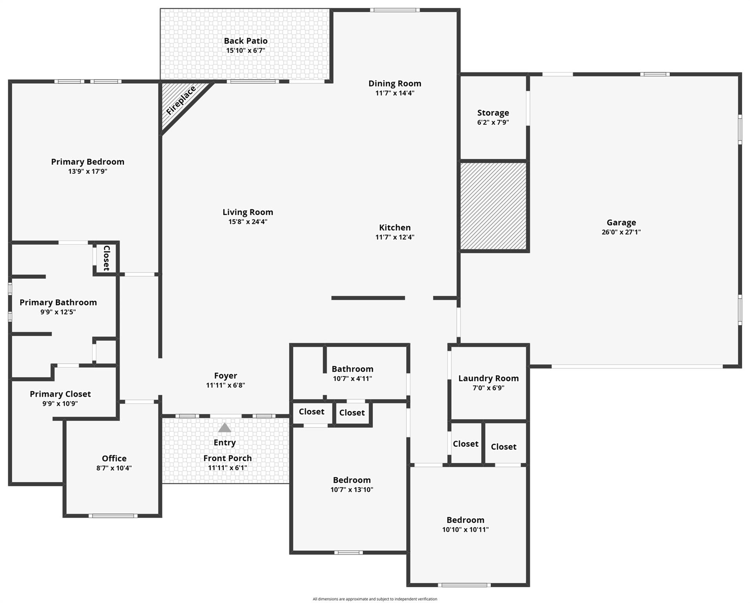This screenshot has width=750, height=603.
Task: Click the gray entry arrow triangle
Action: pos(224,428)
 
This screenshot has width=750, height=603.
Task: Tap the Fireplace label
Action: pos(181,101)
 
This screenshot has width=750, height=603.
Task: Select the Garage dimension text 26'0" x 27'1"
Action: pos(621,232)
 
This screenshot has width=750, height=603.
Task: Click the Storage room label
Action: pos(493,113)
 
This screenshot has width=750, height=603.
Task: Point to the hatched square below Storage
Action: pos(493,206)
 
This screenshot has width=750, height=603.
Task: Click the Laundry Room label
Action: pos(488,378)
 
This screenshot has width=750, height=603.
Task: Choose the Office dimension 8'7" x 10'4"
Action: pos(114,468)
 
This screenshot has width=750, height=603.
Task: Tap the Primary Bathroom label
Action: pos(58,302)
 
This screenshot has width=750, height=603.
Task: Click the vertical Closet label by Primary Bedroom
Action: pos(106,258)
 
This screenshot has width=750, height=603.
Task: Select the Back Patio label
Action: pos(246,41)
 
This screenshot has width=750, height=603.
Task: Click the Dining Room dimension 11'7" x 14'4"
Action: pos(394,93)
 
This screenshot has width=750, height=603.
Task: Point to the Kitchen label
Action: pos(394,228)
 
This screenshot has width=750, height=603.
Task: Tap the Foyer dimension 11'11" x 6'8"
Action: pos(226,385)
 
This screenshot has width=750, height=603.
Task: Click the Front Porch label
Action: pos(227,458)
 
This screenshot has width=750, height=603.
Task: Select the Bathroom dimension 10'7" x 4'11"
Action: pos(352,378)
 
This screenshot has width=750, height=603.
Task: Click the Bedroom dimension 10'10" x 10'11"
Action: pos(465,530)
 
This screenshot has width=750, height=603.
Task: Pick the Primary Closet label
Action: pos(60,394)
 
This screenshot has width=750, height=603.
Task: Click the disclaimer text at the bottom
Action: pos(375,599)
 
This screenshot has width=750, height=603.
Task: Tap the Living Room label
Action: pos(248,212)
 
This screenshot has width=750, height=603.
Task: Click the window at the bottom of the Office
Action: pos(113,516)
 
